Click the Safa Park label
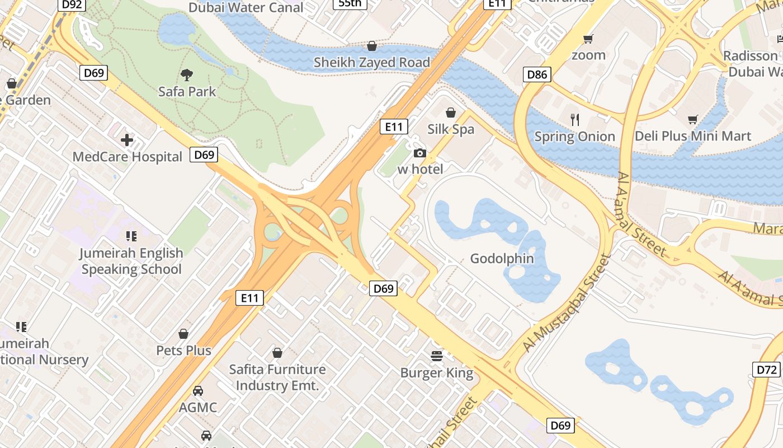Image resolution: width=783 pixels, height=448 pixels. [x=187, y=91]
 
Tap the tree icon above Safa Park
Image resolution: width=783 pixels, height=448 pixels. [x=187, y=74]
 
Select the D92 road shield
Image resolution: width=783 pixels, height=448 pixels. [x=72, y=5]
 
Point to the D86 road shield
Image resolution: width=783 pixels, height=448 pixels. [x=537, y=74]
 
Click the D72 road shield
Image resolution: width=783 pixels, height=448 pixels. [x=767, y=370]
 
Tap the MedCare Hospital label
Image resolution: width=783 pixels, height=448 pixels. [x=128, y=157]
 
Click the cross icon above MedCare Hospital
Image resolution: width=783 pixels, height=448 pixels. [x=128, y=140]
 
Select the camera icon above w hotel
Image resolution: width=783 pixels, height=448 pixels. [x=419, y=153]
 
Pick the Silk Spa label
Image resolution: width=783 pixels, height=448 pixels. [x=451, y=129]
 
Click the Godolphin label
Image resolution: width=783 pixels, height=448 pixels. [x=502, y=259]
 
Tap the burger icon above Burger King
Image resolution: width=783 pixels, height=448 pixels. [x=437, y=356]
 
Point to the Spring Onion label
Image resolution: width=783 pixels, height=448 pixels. [x=574, y=137]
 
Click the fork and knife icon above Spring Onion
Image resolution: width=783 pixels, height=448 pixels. [x=574, y=119]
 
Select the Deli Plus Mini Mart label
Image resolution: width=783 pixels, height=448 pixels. [x=693, y=136]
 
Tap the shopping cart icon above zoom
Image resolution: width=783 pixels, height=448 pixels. [x=588, y=39]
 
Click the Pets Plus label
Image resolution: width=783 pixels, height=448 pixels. [x=183, y=351]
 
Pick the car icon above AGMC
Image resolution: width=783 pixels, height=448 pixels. [x=198, y=390]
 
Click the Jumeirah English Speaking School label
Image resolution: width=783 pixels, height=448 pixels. [x=131, y=261]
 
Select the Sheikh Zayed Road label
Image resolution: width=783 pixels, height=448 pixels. [x=371, y=62]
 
